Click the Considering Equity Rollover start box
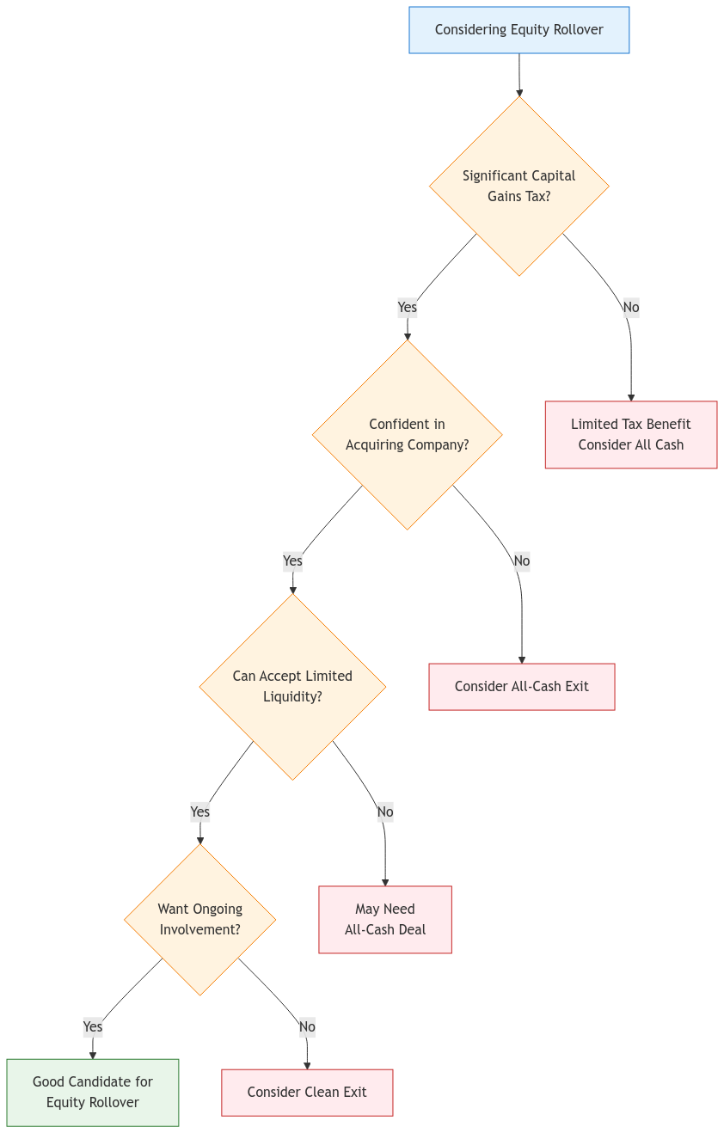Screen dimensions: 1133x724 (x=518, y=30)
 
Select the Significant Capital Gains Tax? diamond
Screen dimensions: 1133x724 (x=518, y=186)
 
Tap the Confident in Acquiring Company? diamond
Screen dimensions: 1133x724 (x=407, y=434)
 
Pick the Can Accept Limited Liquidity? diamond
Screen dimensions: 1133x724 (x=292, y=686)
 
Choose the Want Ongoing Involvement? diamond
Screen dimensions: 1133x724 (x=199, y=919)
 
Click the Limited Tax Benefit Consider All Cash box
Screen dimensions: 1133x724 (x=630, y=434)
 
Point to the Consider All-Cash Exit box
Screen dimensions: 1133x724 (x=521, y=686)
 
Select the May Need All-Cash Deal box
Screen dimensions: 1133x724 (x=384, y=919)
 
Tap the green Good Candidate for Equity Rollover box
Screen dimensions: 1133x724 (x=93, y=1092)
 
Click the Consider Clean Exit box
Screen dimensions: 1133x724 (x=307, y=1092)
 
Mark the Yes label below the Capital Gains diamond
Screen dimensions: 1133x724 (x=407, y=307)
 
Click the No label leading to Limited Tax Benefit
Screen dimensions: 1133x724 (x=630, y=307)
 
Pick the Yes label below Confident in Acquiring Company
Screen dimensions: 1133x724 (x=292, y=560)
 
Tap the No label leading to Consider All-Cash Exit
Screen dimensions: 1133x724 (x=521, y=560)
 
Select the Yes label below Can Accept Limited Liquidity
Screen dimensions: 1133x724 (x=199, y=811)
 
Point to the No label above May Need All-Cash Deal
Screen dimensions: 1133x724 (x=384, y=811)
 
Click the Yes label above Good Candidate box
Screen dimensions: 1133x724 (x=93, y=1026)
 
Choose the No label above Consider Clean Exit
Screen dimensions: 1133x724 (x=307, y=1026)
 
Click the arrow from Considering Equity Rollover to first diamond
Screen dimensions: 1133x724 (x=518, y=76)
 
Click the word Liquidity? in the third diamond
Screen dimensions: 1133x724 (x=292, y=696)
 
